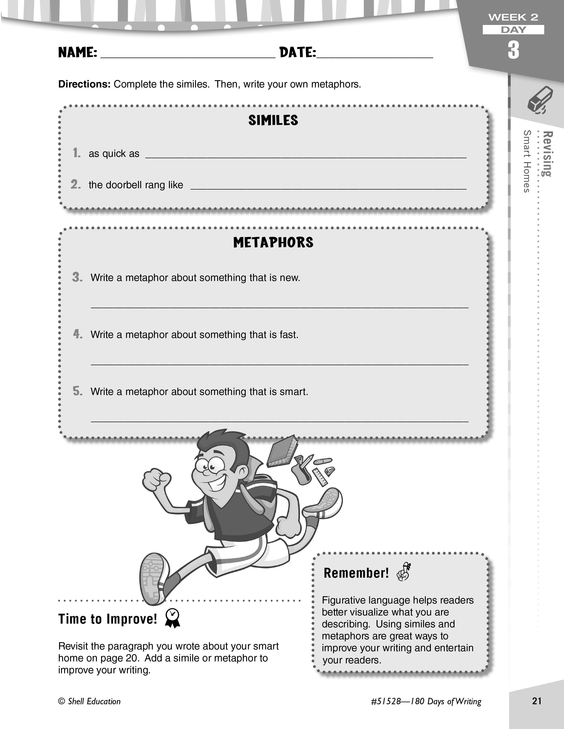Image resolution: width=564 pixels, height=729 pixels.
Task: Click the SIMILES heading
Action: pos(273,120)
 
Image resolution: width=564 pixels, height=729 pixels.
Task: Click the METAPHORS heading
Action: pos(273,243)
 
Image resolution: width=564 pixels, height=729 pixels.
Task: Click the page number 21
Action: pos(537,701)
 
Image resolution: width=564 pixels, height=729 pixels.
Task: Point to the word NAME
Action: pos(77,52)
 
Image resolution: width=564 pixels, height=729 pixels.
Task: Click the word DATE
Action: pos(297,52)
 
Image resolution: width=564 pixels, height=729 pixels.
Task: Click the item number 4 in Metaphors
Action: pos(77,334)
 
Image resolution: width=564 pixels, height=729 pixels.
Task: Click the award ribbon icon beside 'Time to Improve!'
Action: pos(173,618)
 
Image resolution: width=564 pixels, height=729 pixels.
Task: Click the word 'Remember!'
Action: pos(356,573)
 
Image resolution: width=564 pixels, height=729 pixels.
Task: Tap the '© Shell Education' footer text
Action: pos(89,701)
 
